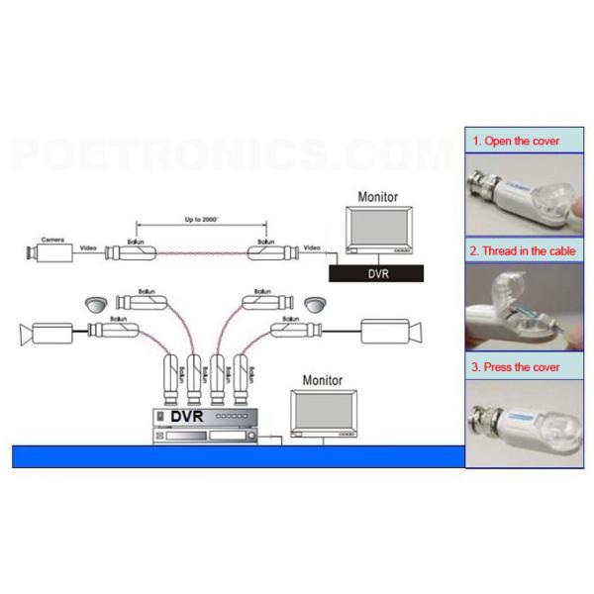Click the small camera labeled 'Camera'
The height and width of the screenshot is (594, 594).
50,251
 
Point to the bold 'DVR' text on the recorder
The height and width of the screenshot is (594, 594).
186,417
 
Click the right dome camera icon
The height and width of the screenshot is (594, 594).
316,303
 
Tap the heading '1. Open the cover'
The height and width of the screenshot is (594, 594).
515,142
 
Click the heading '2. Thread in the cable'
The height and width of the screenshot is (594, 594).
524,252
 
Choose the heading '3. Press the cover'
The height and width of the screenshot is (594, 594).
516,367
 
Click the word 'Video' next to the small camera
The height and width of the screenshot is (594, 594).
88,247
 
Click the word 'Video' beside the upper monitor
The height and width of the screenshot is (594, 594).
313,247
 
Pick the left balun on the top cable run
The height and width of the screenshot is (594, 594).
129,251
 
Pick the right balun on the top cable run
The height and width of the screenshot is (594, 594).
266,251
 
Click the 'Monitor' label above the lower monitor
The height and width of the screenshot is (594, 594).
322,380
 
